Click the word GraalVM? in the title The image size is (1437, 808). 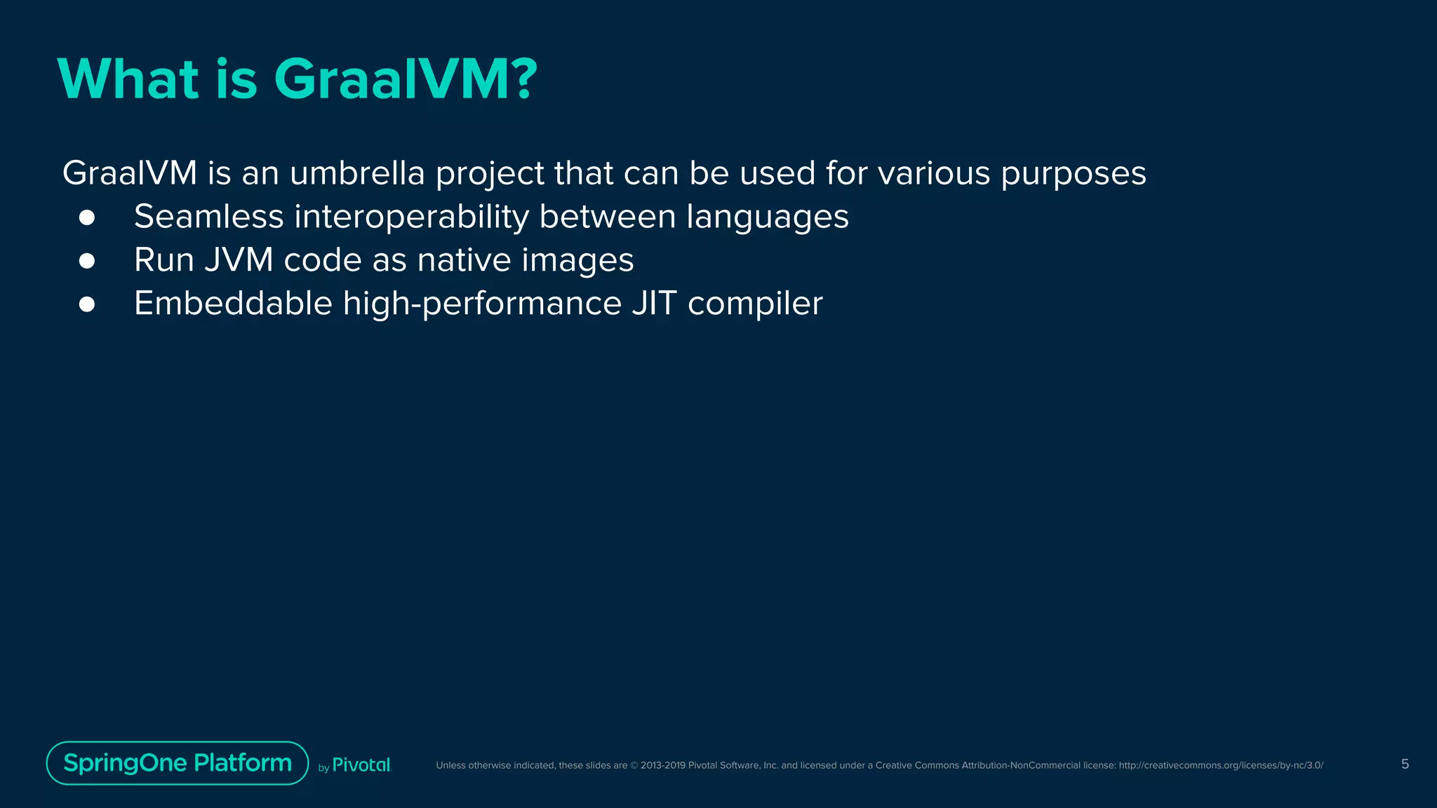(x=406, y=79)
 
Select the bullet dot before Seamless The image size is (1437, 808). (x=87, y=217)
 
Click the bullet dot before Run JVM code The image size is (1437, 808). (x=87, y=261)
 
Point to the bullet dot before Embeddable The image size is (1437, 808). (x=87, y=304)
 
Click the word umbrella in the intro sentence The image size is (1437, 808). (x=357, y=173)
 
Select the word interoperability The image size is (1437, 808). (x=411, y=217)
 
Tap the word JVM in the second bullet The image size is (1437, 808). (x=239, y=260)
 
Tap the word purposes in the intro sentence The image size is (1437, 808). (x=1074, y=175)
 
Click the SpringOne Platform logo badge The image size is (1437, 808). (x=178, y=763)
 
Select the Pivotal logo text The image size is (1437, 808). (x=361, y=765)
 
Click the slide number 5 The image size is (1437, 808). (x=1405, y=764)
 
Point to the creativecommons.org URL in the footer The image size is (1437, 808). (x=1221, y=765)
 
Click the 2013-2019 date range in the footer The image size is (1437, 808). (x=662, y=765)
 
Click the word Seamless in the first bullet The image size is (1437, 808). (x=208, y=217)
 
